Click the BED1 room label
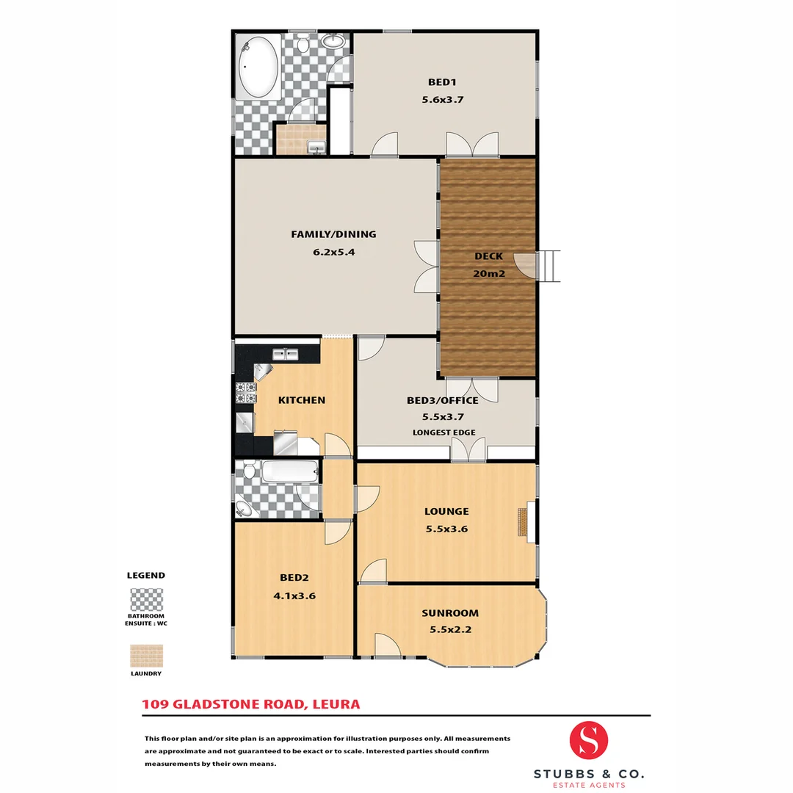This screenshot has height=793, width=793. pos(443,82)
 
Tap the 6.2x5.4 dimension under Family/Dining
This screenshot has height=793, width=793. pos(333,251)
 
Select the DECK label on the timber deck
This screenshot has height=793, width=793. pos(488,256)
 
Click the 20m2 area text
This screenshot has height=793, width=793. pos(488,273)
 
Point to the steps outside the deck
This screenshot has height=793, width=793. pos(550,266)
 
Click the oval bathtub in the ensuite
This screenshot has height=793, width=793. pos(258,68)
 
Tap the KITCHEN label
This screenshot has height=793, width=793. pos(301,400)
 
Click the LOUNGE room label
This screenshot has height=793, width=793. pos(446,512)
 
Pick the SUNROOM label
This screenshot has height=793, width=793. pos(450,613)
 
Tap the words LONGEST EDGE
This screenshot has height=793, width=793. pos(443,432)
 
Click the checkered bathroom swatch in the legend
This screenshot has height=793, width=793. pos(146,600)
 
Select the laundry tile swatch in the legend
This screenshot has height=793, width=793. pos(146,656)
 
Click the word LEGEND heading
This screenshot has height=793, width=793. pos(146,576)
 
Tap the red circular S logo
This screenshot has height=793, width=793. pos(589,741)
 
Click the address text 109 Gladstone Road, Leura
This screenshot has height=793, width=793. pos(250,704)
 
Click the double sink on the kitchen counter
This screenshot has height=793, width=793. pos(285,355)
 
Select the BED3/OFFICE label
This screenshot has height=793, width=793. pos(443,401)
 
